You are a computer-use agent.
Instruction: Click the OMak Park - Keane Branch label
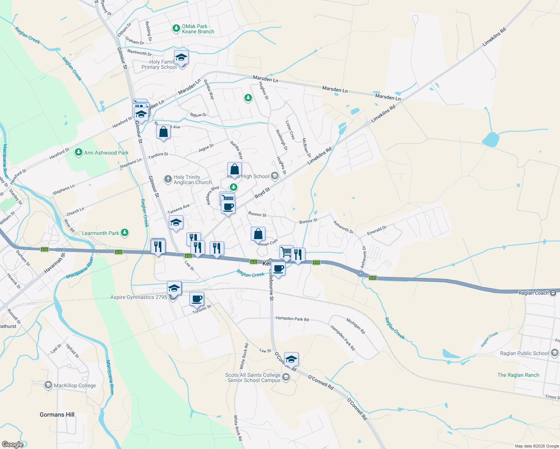198,29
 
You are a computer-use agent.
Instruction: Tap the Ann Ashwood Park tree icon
78,152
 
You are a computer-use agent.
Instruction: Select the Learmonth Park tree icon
125,233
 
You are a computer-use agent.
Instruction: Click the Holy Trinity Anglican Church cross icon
168,180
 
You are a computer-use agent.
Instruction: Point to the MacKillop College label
75,385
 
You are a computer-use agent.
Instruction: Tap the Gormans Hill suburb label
57,415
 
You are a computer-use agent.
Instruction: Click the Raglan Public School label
524,353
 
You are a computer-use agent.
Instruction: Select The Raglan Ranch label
518,375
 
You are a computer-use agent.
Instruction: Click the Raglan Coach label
533,293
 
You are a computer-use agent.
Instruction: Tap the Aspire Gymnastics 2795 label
139,297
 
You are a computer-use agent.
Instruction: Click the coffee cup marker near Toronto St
197,299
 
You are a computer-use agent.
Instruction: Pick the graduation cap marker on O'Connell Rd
291,360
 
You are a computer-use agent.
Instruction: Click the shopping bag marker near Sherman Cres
258,234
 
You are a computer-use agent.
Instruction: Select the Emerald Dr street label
377,230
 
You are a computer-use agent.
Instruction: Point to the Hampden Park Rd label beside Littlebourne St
292,319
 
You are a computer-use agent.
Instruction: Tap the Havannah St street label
55,263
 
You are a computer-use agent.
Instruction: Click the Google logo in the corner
12,445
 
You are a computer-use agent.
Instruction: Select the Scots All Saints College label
253,378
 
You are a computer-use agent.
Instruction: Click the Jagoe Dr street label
206,148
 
